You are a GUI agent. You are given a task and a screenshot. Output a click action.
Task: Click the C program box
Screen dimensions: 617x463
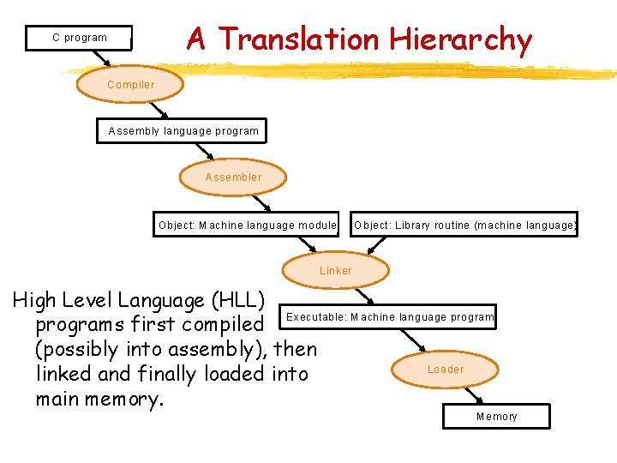point(80,38)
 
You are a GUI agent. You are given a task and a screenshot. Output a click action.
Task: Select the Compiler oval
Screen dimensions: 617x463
point(130,85)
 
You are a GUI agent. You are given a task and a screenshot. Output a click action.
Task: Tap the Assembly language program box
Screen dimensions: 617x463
point(183,131)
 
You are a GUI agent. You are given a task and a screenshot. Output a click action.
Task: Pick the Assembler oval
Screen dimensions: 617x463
point(233,177)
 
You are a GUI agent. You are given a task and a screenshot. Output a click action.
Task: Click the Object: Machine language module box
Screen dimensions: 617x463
point(248,225)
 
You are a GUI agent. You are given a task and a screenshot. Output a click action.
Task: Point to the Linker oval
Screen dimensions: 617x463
point(336,270)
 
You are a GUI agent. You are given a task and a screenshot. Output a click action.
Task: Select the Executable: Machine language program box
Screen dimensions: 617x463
point(390,317)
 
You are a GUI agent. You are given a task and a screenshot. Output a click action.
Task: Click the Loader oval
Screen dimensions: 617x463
point(446,370)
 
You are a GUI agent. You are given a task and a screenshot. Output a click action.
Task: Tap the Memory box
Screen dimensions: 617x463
point(497,417)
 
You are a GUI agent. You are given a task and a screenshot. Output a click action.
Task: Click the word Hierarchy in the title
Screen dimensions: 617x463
point(460,39)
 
